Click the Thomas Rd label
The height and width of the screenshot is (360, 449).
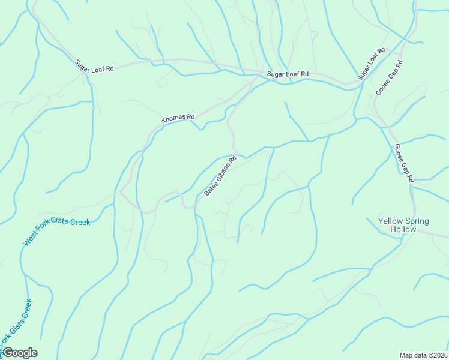point(179,119)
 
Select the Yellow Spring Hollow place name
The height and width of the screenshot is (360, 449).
point(403,225)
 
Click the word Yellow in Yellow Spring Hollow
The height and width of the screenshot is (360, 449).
point(391,221)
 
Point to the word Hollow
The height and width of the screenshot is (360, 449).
point(403,230)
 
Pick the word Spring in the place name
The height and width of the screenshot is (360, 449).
point(417,221)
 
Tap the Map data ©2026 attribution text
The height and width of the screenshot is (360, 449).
point(424,355)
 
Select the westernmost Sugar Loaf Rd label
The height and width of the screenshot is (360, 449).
point(94,66)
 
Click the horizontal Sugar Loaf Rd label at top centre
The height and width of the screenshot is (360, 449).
point(288,74)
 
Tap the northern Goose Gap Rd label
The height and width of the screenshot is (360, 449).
point(388,77)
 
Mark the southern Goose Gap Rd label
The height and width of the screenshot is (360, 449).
point(404,163)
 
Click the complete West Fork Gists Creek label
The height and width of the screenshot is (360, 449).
point(56,232)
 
